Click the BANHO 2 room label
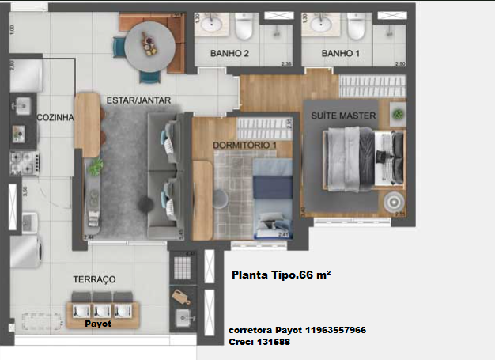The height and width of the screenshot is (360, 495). tap(230, 54)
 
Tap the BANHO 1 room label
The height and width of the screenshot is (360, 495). tap(341, 54)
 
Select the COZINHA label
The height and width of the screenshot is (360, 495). tap(55, 117)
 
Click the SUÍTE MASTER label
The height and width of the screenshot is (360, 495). tap(342, 116)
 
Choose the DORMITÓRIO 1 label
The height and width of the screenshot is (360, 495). tap(244, 146)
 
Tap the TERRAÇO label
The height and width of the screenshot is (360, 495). tap(94, 279)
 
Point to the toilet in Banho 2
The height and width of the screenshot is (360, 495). tap(243, 28)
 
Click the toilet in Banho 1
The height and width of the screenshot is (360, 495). tap(356, 28)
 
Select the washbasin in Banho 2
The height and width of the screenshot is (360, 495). tap(211, 25)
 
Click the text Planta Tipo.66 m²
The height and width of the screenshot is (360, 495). tap(281, 276)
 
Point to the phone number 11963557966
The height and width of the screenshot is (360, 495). tap(331, 329)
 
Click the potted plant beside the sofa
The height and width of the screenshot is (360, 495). tap(96, 166)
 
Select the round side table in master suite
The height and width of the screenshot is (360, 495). tap(393, 201)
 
